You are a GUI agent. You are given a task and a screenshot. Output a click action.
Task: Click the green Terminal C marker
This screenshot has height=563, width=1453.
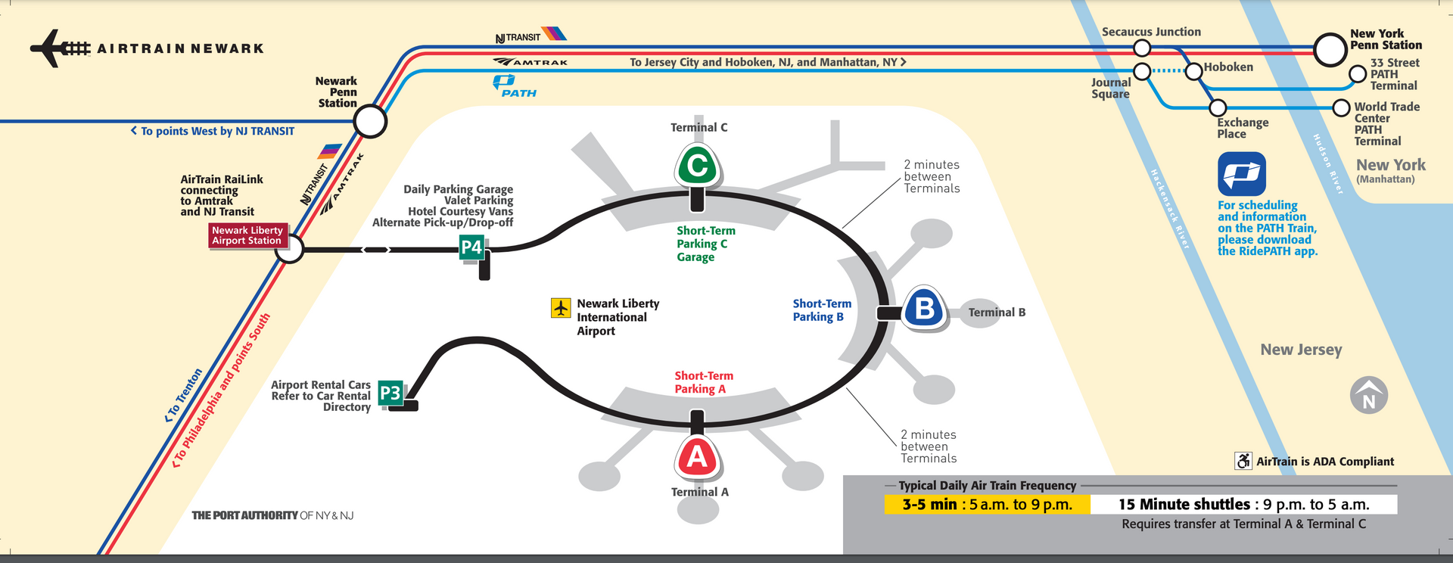point(697,165)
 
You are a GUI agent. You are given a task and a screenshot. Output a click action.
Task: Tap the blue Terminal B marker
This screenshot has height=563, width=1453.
point(924,308)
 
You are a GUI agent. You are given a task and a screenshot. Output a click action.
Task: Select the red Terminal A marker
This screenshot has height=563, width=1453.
point(697,457)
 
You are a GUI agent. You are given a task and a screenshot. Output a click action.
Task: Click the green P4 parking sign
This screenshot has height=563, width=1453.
point(471,247)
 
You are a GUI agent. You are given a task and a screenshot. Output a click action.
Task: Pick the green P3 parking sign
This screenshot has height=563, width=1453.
point(390,393)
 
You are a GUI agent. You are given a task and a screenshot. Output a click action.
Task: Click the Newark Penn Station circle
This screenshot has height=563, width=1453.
point(370,121)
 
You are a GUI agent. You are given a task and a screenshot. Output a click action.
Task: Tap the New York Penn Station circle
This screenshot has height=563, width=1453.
point(1330,50)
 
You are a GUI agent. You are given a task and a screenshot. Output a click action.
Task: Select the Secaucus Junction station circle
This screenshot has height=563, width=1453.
point(1142,48)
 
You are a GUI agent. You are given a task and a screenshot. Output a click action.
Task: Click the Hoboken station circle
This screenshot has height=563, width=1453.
point(1193,71)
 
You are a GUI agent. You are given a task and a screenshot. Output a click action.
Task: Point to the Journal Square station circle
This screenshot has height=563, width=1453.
point(1142,71)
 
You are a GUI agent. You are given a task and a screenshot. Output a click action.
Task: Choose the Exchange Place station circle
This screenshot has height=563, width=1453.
point(1218,107)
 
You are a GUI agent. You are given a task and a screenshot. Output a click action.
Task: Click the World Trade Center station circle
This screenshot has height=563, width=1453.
point(1341,107)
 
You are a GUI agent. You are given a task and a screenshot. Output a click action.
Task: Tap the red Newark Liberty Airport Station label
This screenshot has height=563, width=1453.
point(247,235)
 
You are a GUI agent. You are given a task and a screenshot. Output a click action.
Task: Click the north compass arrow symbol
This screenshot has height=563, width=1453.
point(1369,395)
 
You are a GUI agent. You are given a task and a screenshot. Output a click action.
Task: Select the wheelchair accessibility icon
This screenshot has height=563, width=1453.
point(1243,461)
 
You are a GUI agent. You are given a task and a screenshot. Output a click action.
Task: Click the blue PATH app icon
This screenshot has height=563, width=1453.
point(1242,174)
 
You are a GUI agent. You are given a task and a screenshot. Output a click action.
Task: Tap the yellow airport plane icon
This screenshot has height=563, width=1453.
point(561,308)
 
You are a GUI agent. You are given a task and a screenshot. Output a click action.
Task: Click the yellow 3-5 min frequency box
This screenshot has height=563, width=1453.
point(987,505)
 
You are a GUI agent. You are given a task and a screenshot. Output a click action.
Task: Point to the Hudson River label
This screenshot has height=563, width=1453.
point(1327,164)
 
